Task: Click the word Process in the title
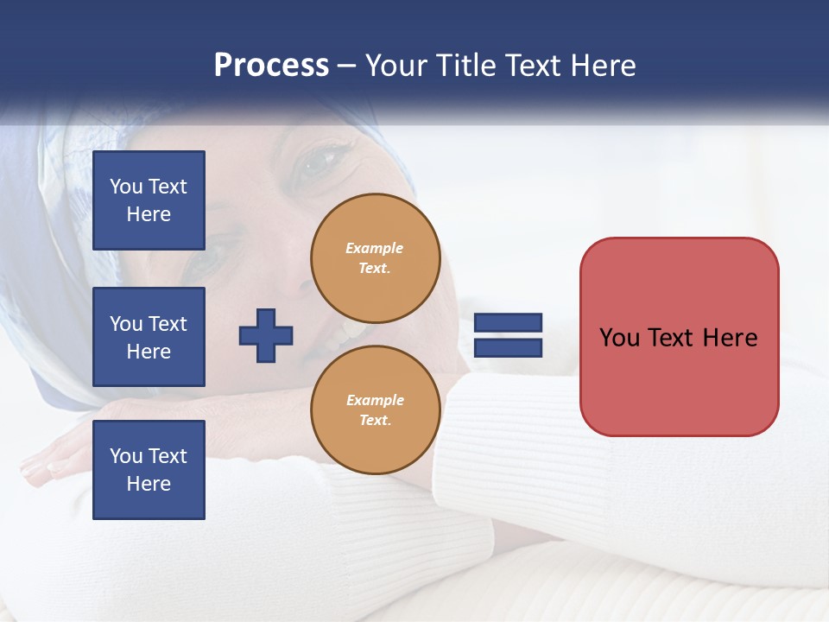271,66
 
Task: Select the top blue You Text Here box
149,200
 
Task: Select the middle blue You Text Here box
149,337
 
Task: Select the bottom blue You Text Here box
149,470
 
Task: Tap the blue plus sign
266,335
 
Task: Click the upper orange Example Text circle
375,258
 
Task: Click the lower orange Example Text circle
375,410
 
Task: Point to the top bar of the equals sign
508,323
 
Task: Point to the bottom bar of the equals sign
508,348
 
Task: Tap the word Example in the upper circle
375,249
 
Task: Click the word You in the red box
618,338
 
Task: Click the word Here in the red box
730,338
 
